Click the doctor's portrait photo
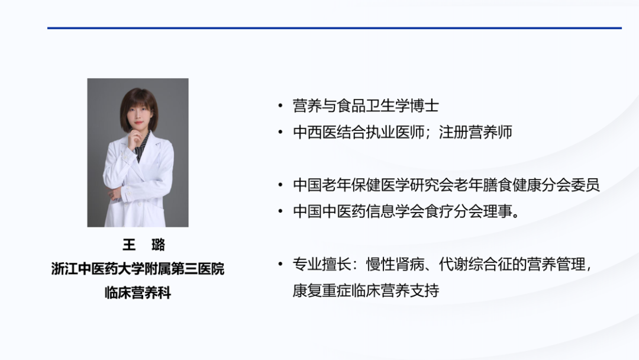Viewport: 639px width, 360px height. (x=138, y=153)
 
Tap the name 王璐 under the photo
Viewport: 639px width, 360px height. (x=144, y=245)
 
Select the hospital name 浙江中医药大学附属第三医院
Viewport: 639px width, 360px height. (x=138, y=269)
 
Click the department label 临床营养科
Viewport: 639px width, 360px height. (x=138, y=292)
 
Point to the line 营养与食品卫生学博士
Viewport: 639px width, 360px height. (x=366, y=106)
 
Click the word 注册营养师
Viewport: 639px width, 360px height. (x=476, y=132)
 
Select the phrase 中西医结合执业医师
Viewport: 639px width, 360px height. (x=359, y=132)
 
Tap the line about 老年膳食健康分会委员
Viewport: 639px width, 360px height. (x=446, y=185)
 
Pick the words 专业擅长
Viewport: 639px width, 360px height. (x=322, y=264)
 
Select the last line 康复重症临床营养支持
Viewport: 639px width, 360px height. (x=366, y=291)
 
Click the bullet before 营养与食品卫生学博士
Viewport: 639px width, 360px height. (x=280, y=106)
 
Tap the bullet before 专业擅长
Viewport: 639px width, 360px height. (x=280, y=264)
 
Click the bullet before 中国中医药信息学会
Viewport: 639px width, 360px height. (x=280, y=211)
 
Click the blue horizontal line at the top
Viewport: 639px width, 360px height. (x=334, y=28)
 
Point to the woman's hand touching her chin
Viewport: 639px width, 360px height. (x=134, y=139)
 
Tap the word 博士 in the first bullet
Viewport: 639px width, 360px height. (x=424, y=106)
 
